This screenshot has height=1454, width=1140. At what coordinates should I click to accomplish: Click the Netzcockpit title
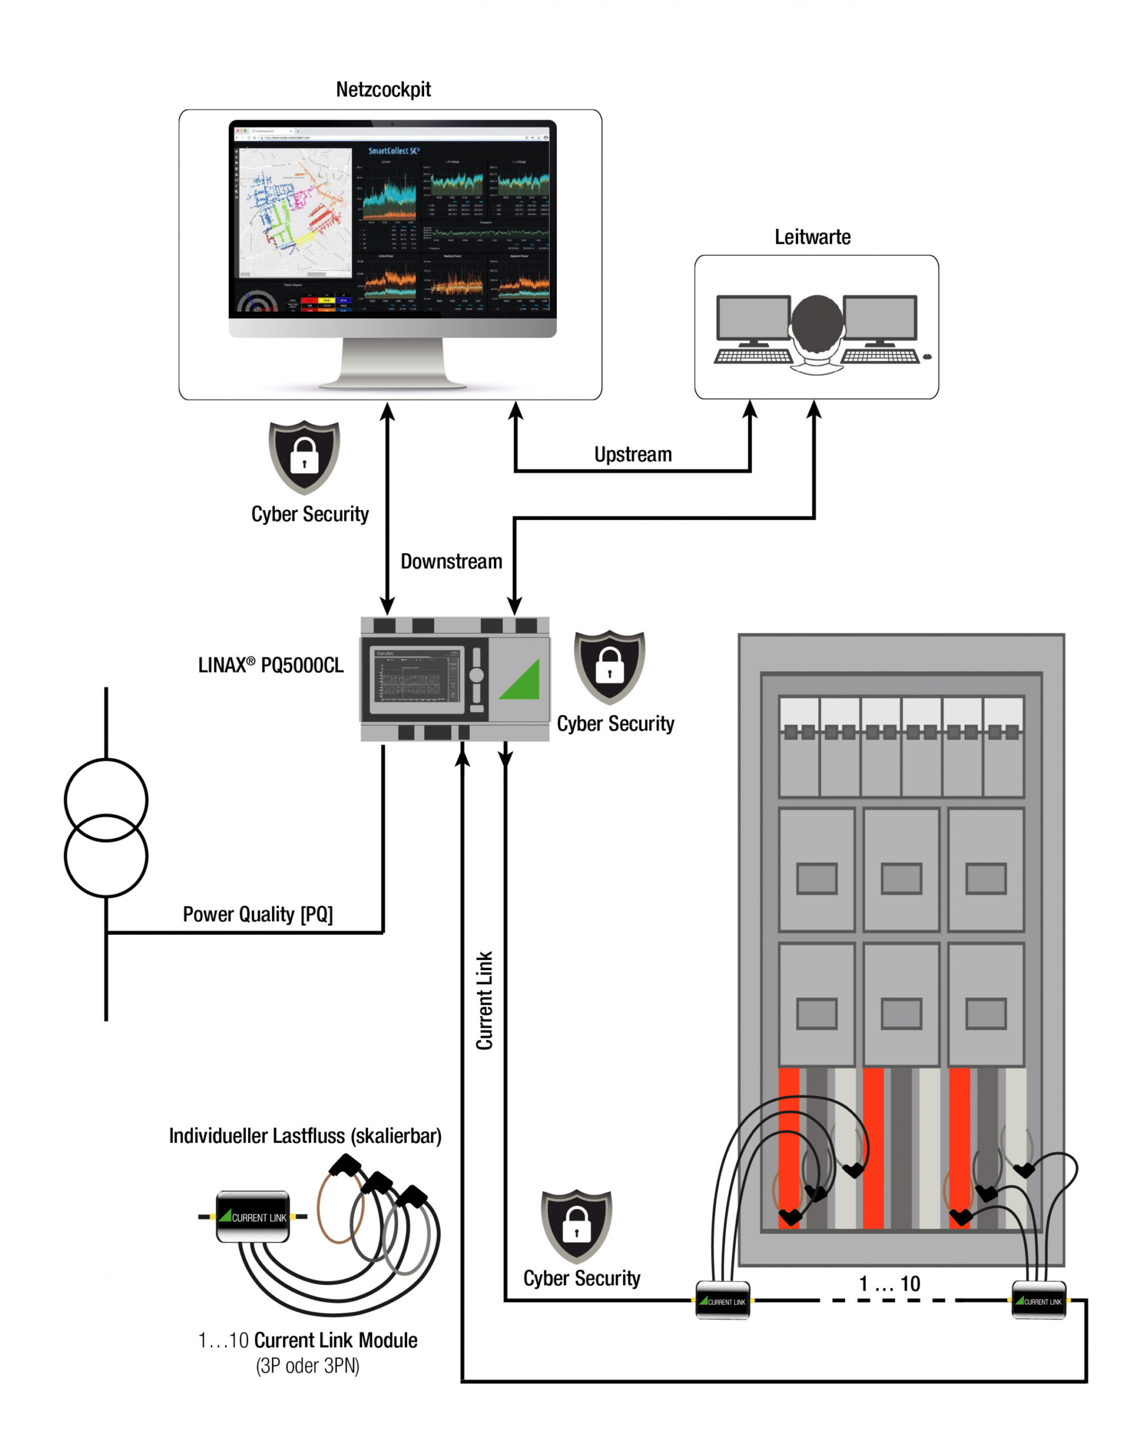click(x=383, y=90)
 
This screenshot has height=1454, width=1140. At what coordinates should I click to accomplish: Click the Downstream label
click(x=451, y=562)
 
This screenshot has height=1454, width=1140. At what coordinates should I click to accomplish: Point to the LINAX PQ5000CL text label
click(x=271, y=665)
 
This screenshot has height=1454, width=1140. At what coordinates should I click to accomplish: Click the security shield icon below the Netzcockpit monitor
click(x=304, y=457)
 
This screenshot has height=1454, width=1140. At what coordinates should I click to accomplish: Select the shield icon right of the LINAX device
click(x=609, y=666)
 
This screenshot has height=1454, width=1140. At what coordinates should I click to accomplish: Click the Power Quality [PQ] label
click(x=258, y=914)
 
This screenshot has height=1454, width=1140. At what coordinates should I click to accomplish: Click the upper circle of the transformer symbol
click(x=106, y=800)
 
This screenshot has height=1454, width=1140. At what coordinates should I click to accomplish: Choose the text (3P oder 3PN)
click(x=307, y=1366)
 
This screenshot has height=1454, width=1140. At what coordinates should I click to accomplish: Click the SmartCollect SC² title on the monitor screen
click(x=394, y=151)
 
